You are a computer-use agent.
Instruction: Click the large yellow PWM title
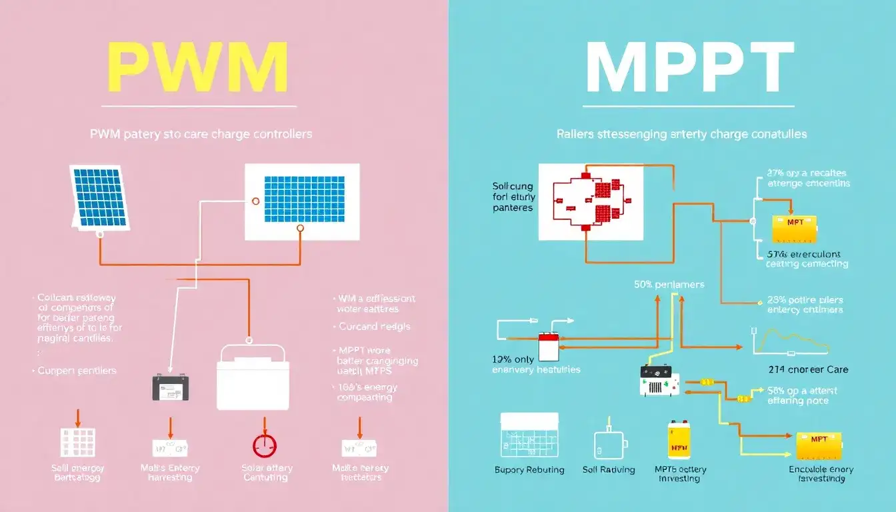[198, 68]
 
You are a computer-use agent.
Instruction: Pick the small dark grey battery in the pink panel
[171, 387]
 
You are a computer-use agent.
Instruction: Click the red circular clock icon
[265, 445]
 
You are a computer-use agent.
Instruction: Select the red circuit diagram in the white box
[591, 201]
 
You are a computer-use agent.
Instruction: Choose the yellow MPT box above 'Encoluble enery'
[819, 445]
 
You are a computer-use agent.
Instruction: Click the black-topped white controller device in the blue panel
[659, 381]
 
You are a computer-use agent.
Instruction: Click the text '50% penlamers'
[669, 285]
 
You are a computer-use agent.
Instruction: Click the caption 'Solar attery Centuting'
[267, 473]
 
